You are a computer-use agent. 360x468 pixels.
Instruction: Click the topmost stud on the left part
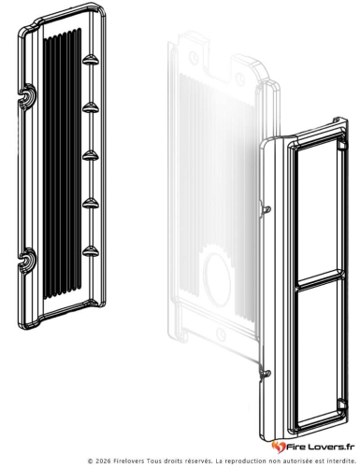click(91, 60)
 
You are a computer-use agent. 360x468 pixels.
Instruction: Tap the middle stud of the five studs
click(91, 155)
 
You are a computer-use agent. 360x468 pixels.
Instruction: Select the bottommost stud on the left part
click(91, 251)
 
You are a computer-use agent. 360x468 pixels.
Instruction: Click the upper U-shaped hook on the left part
click(27, 96)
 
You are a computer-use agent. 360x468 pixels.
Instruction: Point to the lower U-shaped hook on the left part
click(27, 260)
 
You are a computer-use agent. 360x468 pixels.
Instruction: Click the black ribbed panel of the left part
click(62, 163)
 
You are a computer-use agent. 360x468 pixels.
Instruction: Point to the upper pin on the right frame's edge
click(266, 209)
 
